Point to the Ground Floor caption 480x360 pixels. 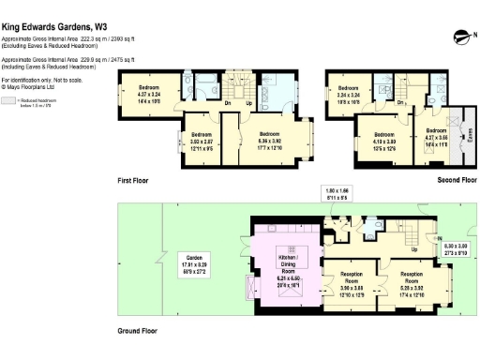tap(136, 331)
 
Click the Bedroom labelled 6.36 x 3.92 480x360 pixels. tap(269, 139)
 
